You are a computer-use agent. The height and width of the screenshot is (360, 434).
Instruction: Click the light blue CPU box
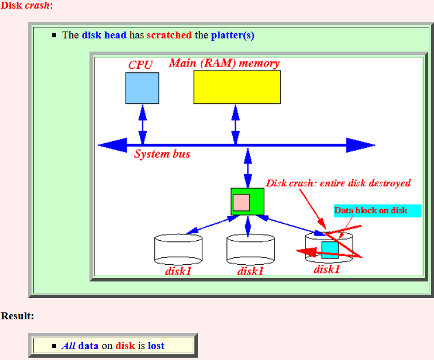click(142, 88)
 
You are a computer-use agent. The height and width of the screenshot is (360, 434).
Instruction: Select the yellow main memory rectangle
click(237, 87)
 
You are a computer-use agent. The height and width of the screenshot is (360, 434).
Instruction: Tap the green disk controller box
click(248, 201)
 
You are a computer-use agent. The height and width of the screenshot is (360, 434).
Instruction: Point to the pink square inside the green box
click(241, 202)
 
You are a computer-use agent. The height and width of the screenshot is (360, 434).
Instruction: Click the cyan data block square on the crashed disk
click(330, 250)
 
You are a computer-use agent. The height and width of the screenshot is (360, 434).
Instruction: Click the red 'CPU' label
click(140, 65)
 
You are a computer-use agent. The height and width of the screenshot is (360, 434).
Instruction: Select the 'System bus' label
click(162, 154)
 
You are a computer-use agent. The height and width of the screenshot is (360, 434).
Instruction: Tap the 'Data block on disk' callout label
click(371, 210)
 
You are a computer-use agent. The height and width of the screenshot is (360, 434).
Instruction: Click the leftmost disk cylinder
click(178, 249)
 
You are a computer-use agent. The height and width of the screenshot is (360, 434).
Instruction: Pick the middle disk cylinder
click(251, 249)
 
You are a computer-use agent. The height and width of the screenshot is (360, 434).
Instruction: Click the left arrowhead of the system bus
click(112, 145)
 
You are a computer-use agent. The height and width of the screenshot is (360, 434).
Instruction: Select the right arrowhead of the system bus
click(361, 145)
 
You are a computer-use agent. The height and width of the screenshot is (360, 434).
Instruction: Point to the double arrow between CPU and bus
click(143, 124)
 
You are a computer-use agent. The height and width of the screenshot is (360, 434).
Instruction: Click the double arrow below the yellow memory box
click(236, 124)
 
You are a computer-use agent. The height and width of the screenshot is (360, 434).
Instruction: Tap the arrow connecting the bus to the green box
click(248, 168)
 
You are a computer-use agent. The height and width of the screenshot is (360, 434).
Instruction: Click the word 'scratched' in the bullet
click(169, 35)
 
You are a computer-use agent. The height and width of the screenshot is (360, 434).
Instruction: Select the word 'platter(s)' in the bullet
click(233, 36)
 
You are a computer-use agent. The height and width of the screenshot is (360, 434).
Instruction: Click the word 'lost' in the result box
click(156, 346)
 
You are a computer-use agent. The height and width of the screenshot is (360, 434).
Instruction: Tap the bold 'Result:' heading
click(17, 316)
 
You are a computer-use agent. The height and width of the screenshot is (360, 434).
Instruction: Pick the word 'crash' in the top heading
click(37, 5)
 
